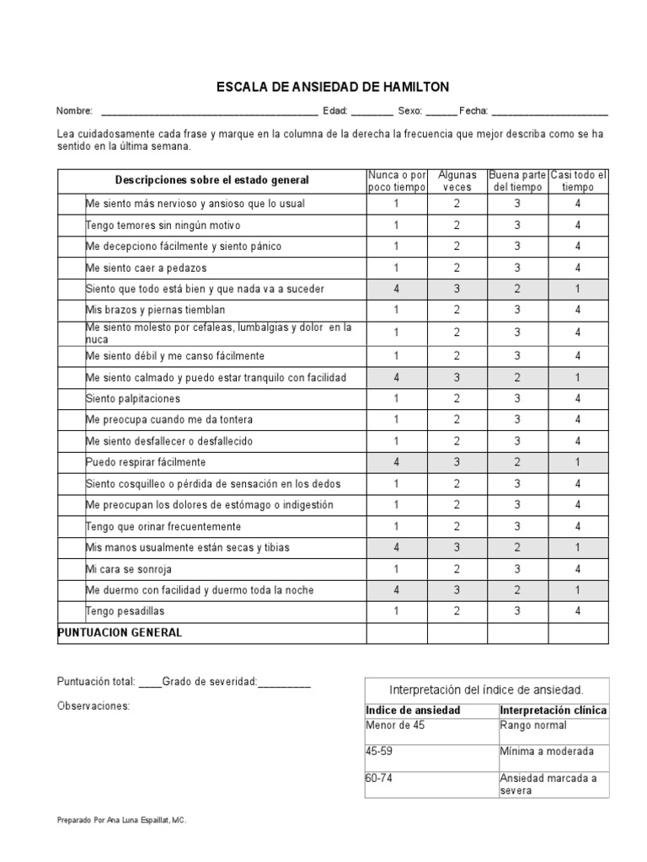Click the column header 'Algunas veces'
click(457, 180)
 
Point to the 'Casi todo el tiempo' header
click(578, 180)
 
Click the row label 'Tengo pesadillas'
click(125, 611)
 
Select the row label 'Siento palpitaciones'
click(133, 398)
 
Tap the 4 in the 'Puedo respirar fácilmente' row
click(397, 462)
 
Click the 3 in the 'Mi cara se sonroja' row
click(517, 569)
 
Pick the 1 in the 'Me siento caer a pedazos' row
click(397, 268)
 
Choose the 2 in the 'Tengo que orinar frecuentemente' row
click(457, 526)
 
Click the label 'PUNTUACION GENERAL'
click(119, 632)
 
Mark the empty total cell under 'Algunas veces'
click(457, 633)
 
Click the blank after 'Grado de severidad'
click(285, 684)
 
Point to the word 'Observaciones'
click(93, 705)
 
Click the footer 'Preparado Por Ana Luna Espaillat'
click(121, 818)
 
